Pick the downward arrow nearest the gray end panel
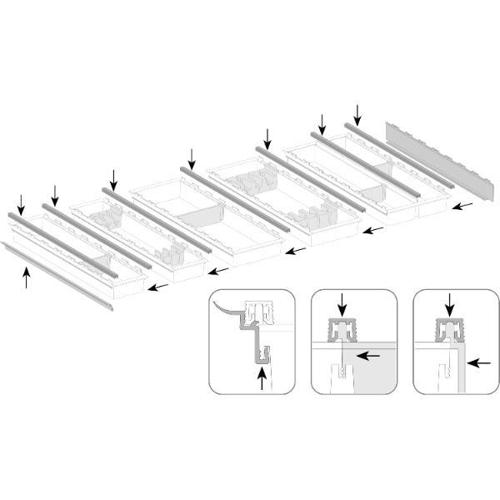point(358,112)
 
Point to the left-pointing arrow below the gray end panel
point(467,205)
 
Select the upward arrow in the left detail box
point(264,379)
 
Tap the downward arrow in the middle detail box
point(342,304)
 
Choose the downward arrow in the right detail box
point(451,303)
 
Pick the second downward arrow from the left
point(55,195)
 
